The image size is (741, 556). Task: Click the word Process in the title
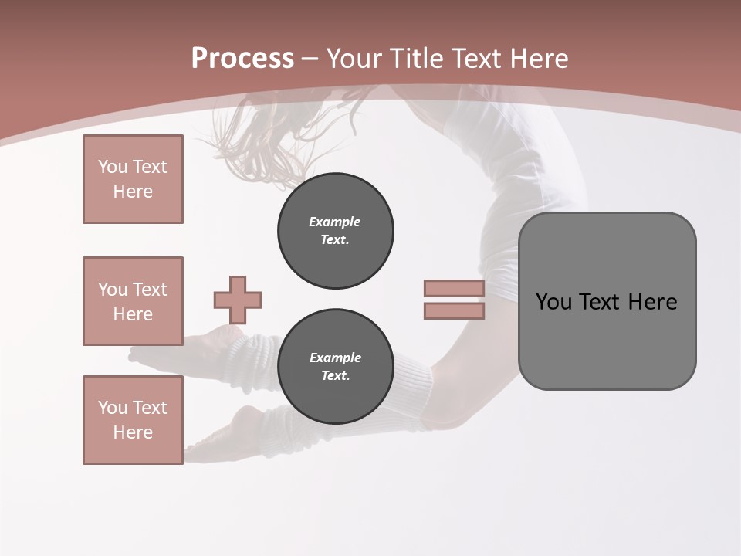click(242, 59)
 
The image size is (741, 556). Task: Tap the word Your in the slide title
click(356, 59)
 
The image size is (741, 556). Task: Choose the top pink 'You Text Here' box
click(133, 179)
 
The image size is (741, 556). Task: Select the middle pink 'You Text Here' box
click(133, 301)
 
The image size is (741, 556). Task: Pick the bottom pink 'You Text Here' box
click(133, 420)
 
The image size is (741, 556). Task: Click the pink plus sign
click(238, 300)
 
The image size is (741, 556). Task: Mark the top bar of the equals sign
click(454, 289)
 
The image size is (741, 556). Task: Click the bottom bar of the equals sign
click(454, 310)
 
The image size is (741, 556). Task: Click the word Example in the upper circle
click(335, 222)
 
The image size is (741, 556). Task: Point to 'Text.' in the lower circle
click(335, 376)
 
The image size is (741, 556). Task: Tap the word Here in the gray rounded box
click(652, 302)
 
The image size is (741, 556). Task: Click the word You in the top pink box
click(111, 167)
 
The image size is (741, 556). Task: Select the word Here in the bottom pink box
click(133, 432)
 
